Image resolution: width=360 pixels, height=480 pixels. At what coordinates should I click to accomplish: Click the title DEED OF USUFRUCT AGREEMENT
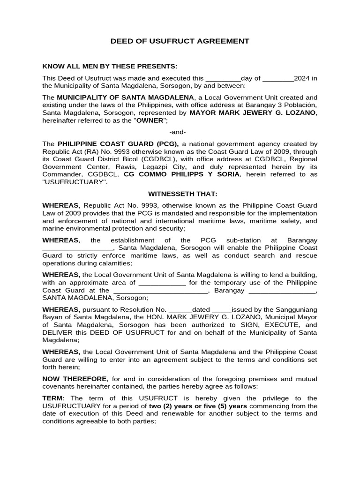[x=180, y=41]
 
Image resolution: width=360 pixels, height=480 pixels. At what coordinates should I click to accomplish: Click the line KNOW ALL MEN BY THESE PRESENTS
[x=110, y=66]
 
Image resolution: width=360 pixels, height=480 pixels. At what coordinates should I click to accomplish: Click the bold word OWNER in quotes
[x=150, y=121]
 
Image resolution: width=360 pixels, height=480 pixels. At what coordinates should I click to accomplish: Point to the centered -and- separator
[x=180, y=132]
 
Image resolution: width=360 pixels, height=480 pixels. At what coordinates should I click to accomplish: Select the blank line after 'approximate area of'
[x=162, y=283]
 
